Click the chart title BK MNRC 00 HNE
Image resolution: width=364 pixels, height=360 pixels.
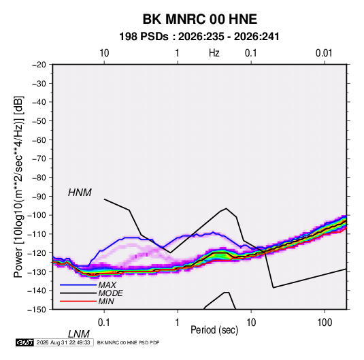click(x=199, y=19)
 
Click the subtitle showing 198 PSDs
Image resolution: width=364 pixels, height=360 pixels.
click(x=199, y=37)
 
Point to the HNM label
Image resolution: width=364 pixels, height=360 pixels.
click(x=80, y=193)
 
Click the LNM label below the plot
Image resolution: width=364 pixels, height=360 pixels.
click(x=79, y=334)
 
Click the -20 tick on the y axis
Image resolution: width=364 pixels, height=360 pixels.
click(x=39, y=65)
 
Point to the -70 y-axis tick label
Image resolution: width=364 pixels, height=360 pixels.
click(x=39, y=159)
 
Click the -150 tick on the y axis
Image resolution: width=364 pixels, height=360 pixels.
click(x=37, y=310)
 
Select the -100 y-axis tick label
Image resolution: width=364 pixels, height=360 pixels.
click(x=37, y=215)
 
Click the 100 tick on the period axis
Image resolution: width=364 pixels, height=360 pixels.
click(x=325, y=323)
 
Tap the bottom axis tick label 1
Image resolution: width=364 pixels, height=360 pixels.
click(x=178, y=323)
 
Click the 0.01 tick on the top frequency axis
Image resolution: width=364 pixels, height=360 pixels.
click(x=324, y=53)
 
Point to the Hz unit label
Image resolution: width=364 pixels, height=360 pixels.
click(x=214, y=53)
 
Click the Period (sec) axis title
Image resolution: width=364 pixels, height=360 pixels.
click(x=214, y=330)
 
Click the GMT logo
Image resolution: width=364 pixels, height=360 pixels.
click(x=24, y=342)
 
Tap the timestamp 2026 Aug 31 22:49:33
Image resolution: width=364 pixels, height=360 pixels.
click(x=63, y=342)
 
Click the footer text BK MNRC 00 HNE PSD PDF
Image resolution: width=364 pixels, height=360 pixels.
click(x=128, y=342)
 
